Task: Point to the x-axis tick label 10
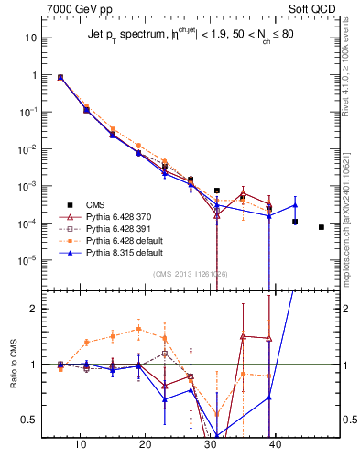[81, 444]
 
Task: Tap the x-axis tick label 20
[146, 444]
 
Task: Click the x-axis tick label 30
[211, 444]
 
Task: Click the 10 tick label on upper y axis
[30, 38]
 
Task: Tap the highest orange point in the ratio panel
[138, 329]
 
